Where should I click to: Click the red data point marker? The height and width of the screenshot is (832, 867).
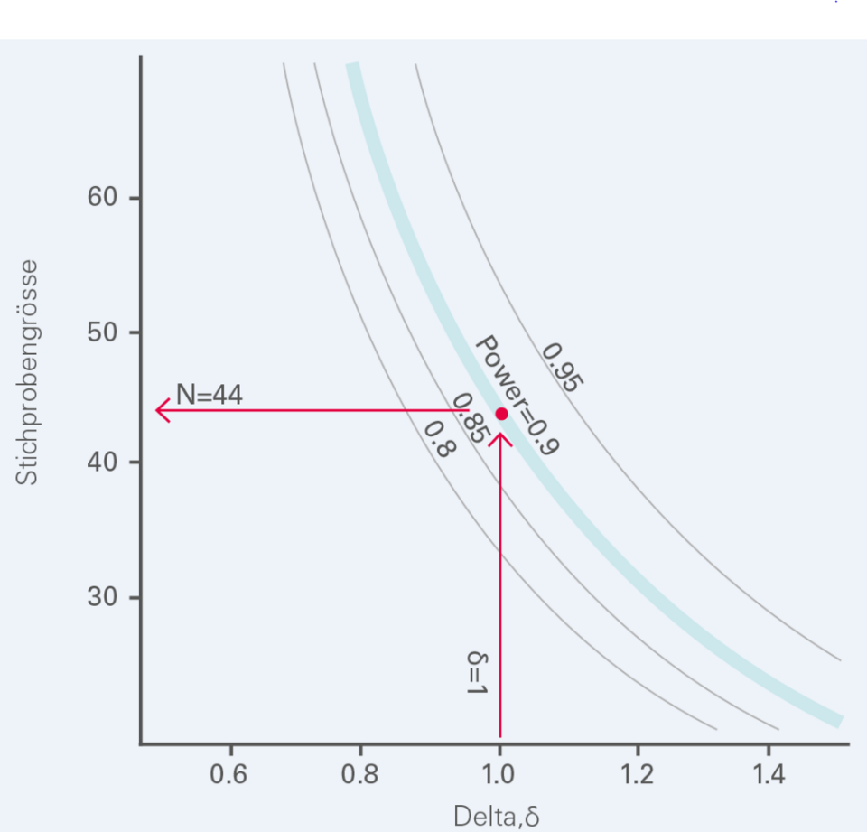(x=501, y=414)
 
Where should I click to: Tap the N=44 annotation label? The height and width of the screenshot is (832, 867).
(x=209, y=395)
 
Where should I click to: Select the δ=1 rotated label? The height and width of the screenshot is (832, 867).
(x=477, y=672)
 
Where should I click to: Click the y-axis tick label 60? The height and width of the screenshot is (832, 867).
(x=104, y=198)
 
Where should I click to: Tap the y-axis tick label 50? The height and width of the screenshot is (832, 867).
(x=104, y=332)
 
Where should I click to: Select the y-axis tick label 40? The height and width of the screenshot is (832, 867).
(x=104, y=463)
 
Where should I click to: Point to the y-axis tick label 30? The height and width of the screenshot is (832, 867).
(x=104, y=597)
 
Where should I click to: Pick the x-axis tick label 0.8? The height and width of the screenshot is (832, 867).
(x=360, y=775)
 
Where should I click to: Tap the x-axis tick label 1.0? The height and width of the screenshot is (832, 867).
(x=499, y=775)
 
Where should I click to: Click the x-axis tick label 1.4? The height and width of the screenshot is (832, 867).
(x=768, y=775)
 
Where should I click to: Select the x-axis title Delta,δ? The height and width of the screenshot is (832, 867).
(x=496, y=817)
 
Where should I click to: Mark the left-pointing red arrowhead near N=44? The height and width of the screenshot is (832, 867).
(x=163, y=411)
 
